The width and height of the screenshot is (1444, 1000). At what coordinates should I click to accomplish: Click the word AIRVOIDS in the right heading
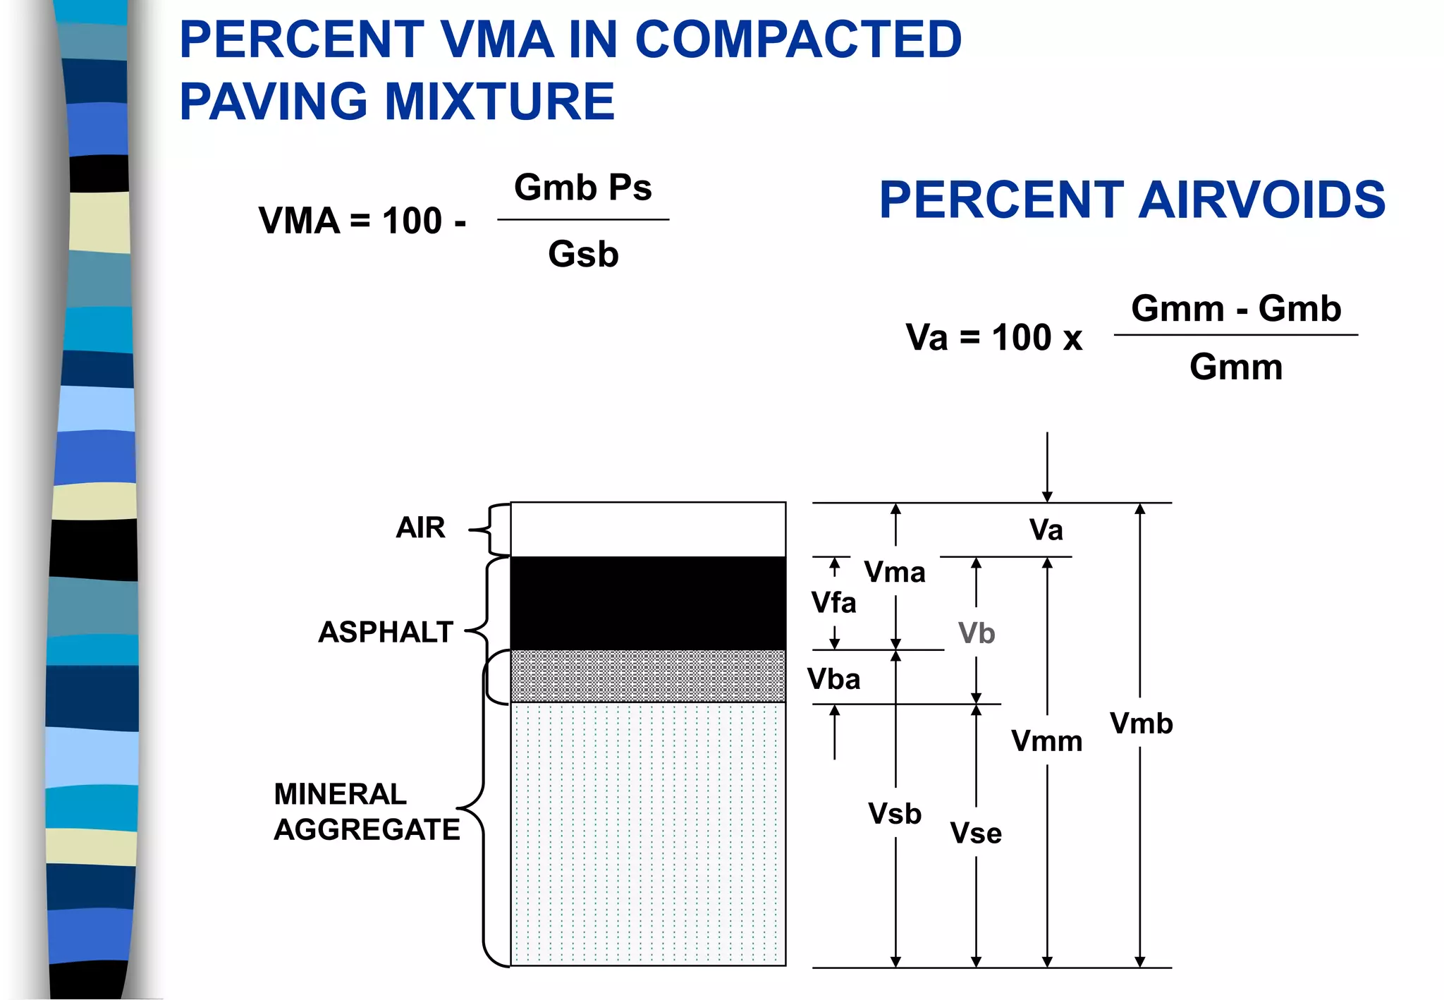[1262, 200]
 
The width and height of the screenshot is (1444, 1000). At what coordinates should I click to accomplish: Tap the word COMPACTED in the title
[798, 39]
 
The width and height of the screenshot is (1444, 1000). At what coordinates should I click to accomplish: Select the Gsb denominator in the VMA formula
[583, 254]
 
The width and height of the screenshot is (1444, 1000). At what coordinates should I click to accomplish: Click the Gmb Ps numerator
[583, 188]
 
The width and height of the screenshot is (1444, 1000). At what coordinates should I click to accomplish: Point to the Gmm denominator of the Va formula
[1236, 367]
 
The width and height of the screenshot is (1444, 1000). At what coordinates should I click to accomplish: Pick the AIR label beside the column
[420, 528]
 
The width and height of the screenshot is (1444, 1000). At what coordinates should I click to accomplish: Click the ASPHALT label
[385, 632]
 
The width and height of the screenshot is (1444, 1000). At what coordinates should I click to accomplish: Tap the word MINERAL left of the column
[341, 794]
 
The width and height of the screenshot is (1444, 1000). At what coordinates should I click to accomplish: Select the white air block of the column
[648, 529]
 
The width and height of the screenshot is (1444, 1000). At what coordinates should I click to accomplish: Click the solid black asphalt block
[648, 603]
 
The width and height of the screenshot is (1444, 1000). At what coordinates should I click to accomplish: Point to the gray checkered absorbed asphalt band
[648, 676]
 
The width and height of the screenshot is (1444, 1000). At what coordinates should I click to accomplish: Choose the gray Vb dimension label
[977, 633]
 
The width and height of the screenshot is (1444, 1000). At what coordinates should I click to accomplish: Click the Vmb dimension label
[1142, 724]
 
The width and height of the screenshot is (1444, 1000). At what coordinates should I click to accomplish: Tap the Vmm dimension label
[1047, 741]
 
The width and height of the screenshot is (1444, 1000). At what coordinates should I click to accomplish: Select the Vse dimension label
[976, 834]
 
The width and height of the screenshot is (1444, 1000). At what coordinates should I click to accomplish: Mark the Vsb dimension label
[895, 814]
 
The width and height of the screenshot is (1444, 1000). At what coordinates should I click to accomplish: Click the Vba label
[834, 679]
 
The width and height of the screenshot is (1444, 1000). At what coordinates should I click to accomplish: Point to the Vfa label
[834, 603]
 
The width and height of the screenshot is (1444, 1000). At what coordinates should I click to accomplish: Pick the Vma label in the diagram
[895, 572]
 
